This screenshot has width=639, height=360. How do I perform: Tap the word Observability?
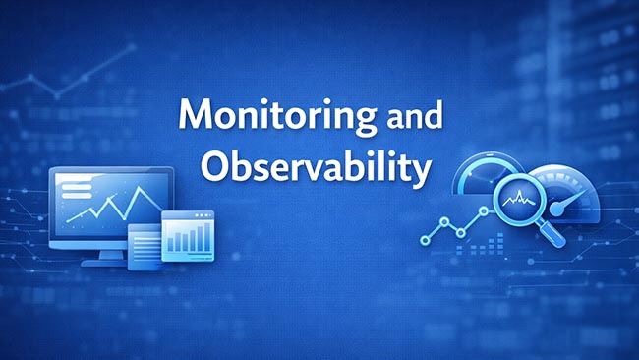(x=315, y=168)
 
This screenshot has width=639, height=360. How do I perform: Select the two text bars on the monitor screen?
(x=77, y=187)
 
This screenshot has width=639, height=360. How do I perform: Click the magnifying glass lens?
(x=518, y=200)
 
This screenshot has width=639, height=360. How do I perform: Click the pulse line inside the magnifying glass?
(x=518, y=201)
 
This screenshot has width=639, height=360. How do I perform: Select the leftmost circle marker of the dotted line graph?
(x=425, y=239)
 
